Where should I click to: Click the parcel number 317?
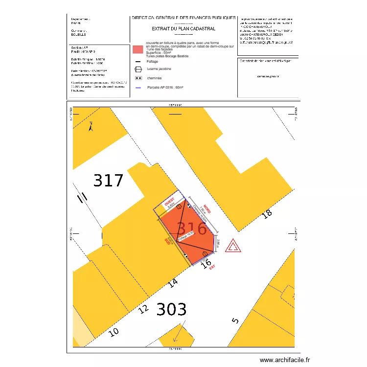(x=109, y=181)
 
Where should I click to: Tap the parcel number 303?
(x=171, y=309)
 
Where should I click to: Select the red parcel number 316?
(x=191, y=229)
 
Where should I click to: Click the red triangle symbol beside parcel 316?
(x=232, y=246)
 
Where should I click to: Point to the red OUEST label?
(x=169, y=202)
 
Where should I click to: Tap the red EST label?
(x=212, y=268)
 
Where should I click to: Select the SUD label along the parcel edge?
(x=166, y=241)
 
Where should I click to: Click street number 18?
(x=267, y=213)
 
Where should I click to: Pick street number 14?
(x=172, y=283)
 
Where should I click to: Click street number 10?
(x=114, y=332)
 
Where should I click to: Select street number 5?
(x=235, y=321)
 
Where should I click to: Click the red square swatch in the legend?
(x=138, y=49)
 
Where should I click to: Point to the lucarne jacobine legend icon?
(x=138, y=69)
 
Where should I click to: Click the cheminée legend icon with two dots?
(x=138, y=78)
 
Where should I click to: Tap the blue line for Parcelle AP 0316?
(x=138, y=88)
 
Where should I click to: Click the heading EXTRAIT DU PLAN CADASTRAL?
(x=183, y=29)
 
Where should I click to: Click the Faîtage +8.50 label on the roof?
(x=186, y=236)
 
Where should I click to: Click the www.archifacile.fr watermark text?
(x=285, y=360)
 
